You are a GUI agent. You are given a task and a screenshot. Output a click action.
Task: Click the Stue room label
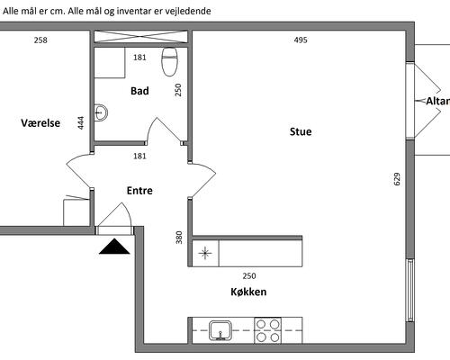tap(301, 131)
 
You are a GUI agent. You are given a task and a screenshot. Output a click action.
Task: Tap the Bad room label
tap(139, 91)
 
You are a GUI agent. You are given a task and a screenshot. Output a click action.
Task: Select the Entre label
tap(139, 191)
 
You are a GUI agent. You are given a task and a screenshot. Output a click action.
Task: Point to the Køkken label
tap(248, 292)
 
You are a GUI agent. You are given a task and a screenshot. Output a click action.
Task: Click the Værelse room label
tap(40, 123)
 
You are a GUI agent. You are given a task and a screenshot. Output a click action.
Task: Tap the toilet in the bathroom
tap(170, 61)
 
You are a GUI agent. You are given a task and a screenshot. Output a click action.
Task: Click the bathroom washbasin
tap(101, 112)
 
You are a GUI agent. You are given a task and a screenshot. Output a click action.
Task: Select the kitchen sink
tap(220, 330)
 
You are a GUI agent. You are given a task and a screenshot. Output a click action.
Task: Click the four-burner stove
tap(268, 330)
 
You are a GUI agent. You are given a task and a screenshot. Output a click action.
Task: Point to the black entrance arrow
tap(114, 247)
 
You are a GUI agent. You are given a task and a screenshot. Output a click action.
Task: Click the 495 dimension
tap(301, 40)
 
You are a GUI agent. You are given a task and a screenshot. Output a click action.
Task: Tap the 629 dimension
tap(397, 179)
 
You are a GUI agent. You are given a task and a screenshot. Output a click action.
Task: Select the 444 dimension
tap(81, 123)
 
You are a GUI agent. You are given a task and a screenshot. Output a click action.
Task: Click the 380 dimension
tap(179, 238)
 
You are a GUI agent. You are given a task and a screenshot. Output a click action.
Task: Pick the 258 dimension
tap(40, 40)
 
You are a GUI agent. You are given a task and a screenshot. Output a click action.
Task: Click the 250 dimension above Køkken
tap(249, 275)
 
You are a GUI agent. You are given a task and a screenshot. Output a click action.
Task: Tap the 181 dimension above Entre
tap(139, 156)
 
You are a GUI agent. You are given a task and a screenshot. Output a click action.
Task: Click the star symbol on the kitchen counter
tap(205, 253)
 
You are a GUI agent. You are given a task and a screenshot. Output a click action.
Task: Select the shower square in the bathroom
tap(110, 63)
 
